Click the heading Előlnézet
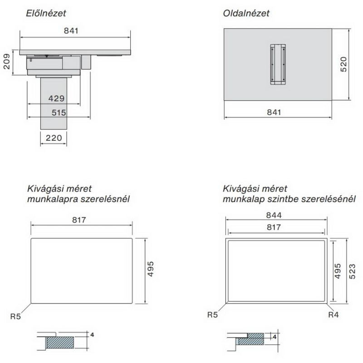[x=46, y=13]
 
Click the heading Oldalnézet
[x=246, y=13]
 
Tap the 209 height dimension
[x=7, y=62]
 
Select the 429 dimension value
[x=56, y=98]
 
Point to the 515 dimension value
[x=59, y=113]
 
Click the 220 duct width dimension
[x=54, y=138]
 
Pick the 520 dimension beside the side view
[x=343, y=64]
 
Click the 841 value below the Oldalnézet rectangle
[x=274, y=112]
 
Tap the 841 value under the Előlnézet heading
[x=71, y=30]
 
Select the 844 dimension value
[x=274, y=215]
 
